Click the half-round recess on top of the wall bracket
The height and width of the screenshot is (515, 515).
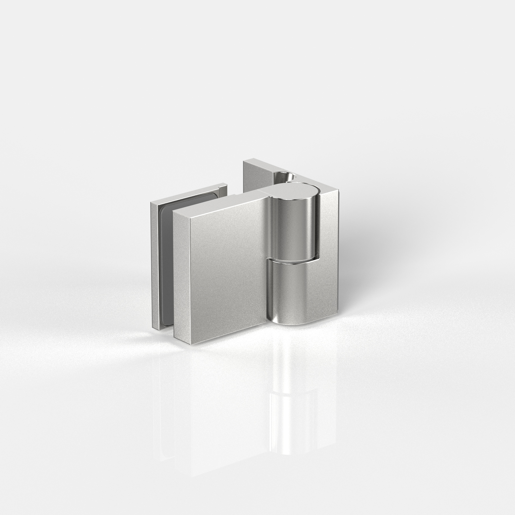283,176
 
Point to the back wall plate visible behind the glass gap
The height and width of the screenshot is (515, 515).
252,177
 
